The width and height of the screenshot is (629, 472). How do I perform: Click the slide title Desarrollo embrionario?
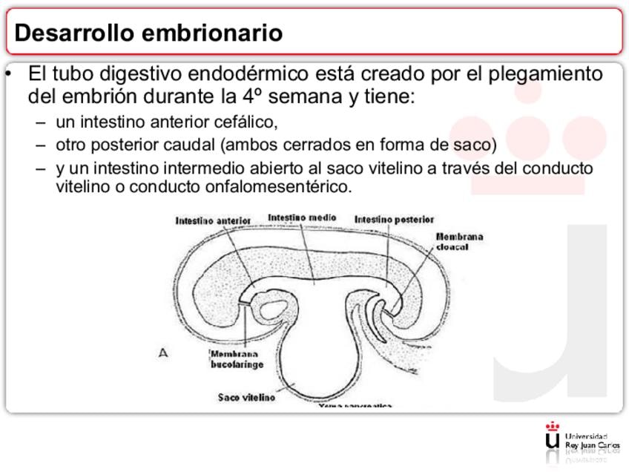[x=148, y=33]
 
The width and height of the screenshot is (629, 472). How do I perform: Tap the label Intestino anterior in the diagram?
[x=213, y=220]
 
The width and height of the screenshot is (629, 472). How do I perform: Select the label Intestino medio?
[x=302, y=217]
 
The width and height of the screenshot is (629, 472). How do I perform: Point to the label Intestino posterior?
[x=394, y=219]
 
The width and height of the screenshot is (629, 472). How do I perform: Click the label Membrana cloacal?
[x=459, y=241]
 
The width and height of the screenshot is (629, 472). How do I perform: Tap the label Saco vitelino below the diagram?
[x=246, y=398]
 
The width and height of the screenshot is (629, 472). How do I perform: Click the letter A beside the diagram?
[x=163, y=354]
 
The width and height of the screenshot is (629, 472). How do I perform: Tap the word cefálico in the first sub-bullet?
[x=251, y=122]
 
